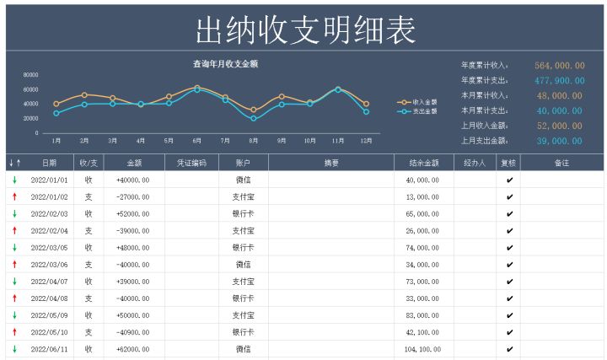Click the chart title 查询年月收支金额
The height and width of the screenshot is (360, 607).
(x=225, y=64)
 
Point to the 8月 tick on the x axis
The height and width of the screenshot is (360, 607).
(x=253, y=141)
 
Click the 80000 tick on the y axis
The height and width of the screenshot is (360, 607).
(x=30, y=75)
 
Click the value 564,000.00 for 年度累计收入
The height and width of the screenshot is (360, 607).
(x=560, y=65)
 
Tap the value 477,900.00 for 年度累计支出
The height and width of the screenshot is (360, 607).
(x=560, y=80)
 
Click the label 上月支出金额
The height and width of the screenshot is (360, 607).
(x=485, y=141)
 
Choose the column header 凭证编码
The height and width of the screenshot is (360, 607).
(x=191, y=163)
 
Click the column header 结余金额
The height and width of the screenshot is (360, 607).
(x=422, y=163)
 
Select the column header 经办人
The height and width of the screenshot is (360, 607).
(x=475, y=163)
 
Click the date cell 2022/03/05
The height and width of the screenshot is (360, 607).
(x=50, y=247)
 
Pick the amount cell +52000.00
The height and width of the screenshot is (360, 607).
(x=132, y=213)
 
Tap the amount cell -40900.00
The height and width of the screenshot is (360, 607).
(x=132, y=331)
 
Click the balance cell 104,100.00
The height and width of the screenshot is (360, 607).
(x=422, y=348)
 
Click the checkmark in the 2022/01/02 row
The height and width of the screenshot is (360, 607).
(x=508, y=196)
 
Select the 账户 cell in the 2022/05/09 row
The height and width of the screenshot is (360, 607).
(x=243, y=314)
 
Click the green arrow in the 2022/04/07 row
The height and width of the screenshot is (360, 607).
(x=14, y=281)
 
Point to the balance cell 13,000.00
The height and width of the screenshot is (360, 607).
(x=422, y=196)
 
